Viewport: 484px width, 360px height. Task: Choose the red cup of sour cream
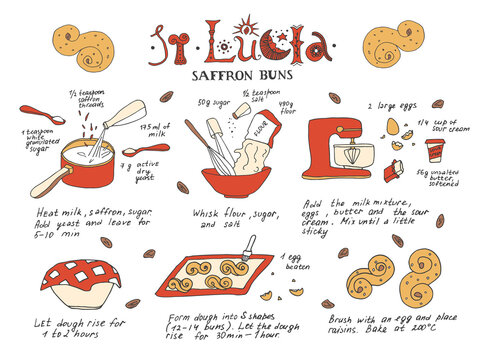434,151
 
